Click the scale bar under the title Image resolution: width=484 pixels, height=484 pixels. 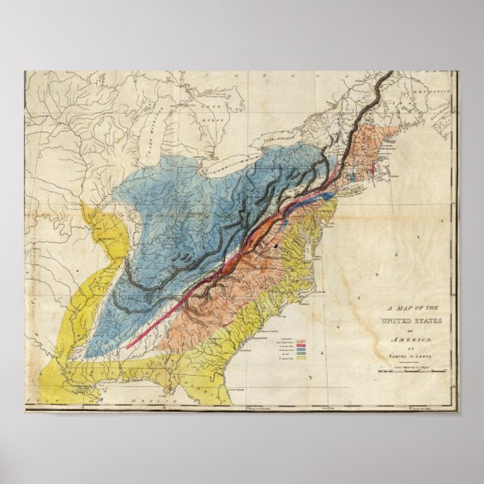418,368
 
